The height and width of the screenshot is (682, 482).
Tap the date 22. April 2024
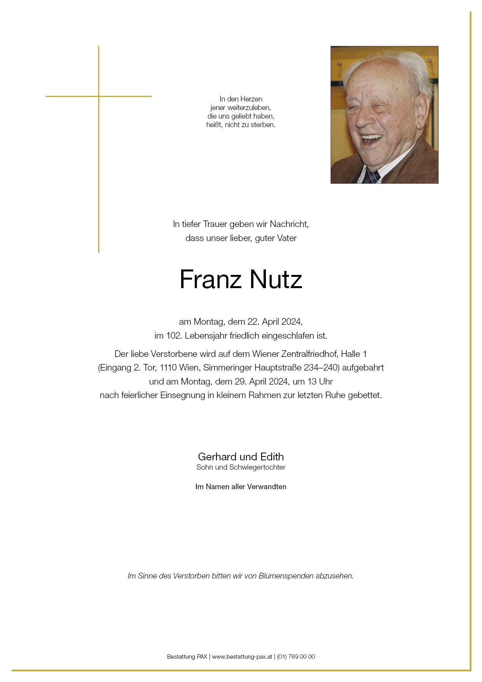coord(274,322)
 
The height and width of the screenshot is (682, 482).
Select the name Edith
coord(272,456)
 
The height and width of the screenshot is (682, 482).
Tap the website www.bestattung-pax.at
coord(242,657)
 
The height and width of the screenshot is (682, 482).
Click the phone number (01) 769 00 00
coord(296,657)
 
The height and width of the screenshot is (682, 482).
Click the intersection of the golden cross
coord(99,96)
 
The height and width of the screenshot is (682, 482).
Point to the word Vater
coord(287,238)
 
